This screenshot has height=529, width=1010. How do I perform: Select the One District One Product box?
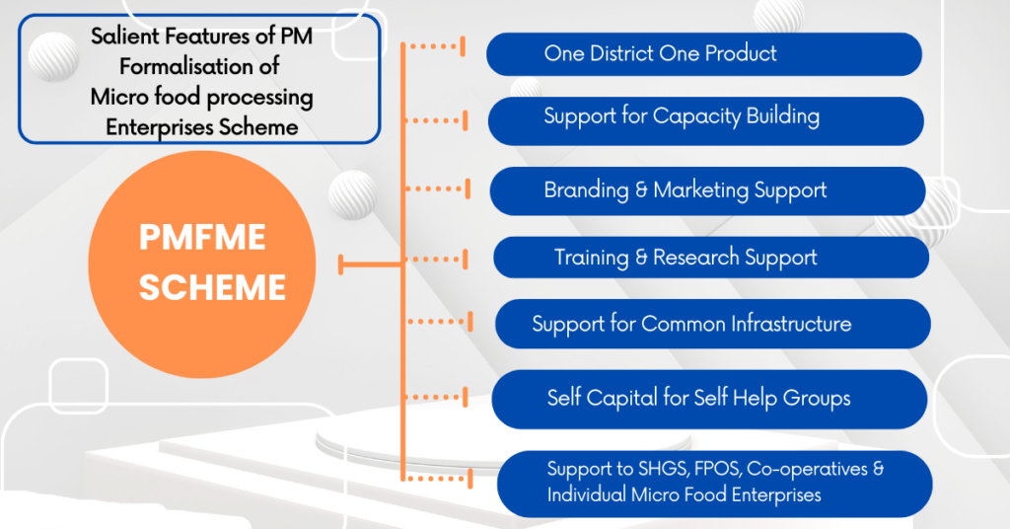point(703,54)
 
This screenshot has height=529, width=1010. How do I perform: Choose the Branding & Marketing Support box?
point(707,190)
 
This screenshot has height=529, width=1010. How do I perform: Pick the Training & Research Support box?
point(710,258)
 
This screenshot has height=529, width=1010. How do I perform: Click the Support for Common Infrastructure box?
point(712,324)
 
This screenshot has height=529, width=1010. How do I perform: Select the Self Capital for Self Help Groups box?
point(709,399)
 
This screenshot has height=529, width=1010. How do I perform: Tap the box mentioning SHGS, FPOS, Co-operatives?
point(714,483)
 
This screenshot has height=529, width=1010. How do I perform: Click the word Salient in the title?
point(123,37)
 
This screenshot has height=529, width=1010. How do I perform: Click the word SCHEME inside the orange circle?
point(212,287)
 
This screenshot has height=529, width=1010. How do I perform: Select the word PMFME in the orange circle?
point(201,240)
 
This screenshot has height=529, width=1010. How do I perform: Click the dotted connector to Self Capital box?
point(434,397)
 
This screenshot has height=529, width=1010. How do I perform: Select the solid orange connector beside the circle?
point(370,264)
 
